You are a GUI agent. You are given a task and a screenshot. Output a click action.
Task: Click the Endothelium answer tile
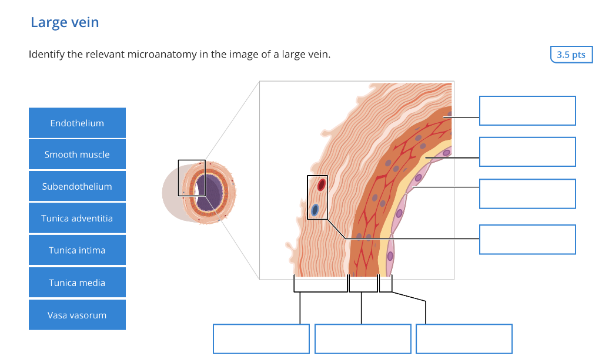tap(77, 123)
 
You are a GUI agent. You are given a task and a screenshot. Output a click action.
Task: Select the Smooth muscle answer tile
tap(77, 154)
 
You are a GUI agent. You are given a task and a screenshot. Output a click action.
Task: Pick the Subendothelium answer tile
tap(77, 186)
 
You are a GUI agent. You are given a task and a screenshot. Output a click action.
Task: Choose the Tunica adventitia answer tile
tap(77, 219)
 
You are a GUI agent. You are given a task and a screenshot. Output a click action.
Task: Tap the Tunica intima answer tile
tap(77, 250)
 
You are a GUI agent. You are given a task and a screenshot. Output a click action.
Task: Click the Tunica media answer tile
tap(77, 283)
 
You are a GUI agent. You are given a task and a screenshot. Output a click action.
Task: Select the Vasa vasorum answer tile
tap(77, 315)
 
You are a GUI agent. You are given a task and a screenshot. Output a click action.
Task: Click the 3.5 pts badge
tap(571, 55)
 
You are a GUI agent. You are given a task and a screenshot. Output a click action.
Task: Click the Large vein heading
tap(65, 22)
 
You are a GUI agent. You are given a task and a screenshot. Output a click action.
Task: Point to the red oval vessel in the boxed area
tap(321, 184)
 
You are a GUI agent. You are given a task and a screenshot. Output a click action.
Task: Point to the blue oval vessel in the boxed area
tap(315, 209)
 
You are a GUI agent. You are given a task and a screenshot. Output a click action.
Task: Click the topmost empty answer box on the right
tap(527, 110)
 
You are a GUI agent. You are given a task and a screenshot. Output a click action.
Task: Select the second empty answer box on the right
tap(527, 152)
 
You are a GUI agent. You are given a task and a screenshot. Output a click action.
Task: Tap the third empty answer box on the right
tap(527, 194)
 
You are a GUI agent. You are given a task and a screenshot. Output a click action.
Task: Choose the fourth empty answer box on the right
tap(527, 239)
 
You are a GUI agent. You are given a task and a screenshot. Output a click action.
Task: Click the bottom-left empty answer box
tap(261, 339)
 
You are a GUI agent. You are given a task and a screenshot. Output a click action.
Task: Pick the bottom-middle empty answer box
tap(363, 339)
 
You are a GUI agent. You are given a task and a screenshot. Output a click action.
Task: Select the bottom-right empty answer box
tap(464, 339)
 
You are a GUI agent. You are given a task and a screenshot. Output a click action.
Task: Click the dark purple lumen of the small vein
tap(209, 192)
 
